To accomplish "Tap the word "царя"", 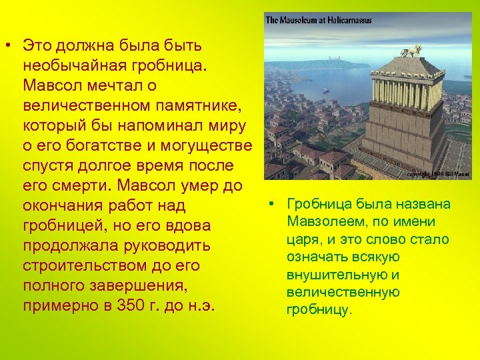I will pyautogui.click(x=302, y=239).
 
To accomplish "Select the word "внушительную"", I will pyautogui.click(x=335, y=275).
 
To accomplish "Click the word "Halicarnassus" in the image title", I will pyautogui.click(x=347, y=21).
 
